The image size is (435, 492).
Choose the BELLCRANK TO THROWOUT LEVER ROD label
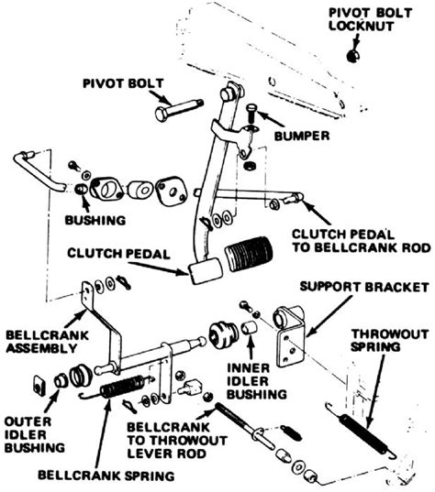(171, 438)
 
